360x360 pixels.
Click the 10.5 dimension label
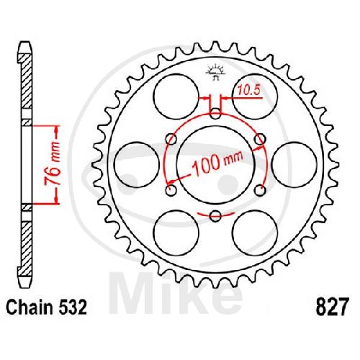[249, 91]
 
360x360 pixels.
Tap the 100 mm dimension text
[217, 163]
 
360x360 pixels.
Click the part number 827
[332, 307]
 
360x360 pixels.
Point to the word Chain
[30, 307]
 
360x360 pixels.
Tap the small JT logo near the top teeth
[215, 72]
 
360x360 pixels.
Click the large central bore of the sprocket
[215, 165]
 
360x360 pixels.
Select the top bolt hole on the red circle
[215, 114]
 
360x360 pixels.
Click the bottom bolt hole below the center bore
[215, 215]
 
